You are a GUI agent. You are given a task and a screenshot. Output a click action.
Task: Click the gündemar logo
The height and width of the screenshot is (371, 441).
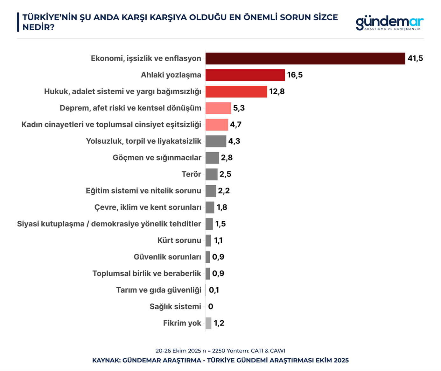click(389, 23)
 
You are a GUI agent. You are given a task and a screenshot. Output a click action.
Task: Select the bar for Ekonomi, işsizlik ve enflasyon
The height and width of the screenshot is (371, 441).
click(305, 59)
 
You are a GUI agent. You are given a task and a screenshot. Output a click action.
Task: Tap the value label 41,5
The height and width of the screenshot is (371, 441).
click(415, 59)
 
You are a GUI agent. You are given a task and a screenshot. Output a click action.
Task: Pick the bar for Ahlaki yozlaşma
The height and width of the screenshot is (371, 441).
click(245, 75)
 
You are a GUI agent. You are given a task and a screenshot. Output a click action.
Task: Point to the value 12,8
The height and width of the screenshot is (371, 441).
click(277, 92)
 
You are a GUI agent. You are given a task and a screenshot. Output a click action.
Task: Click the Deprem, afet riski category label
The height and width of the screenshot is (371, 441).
click(130, 108)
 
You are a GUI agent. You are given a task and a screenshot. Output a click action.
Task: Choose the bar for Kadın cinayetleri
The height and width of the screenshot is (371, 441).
click(217, 125)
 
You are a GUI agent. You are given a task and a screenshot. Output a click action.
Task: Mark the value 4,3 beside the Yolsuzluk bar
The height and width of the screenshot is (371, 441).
click(234, 141)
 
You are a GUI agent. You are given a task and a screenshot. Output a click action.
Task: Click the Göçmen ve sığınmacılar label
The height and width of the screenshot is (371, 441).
click(157, 158)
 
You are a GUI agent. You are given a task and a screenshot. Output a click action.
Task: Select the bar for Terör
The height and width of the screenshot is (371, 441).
click(211, 175)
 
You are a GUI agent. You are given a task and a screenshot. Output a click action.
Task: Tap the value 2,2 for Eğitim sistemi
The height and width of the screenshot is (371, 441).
click(224, 191)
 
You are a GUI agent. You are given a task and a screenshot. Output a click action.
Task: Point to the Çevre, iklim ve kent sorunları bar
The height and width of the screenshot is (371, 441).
click(210, 208)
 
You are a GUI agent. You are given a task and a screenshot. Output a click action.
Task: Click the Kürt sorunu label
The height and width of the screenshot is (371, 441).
click(179, 240)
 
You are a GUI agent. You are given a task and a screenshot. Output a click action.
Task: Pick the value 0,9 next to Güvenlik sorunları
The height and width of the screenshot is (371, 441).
click(218, 257)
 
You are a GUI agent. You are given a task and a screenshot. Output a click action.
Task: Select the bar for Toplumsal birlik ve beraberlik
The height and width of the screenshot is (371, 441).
click(208, 274)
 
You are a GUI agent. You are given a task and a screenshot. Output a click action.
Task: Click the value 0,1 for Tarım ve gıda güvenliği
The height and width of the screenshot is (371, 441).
click(214, 290)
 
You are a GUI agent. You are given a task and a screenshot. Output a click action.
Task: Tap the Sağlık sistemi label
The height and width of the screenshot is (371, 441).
click(175, 307)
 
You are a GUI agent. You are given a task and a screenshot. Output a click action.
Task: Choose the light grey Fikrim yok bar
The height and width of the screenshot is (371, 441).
click(208, 323)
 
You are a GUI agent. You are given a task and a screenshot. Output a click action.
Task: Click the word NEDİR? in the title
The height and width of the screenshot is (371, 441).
click(38, 27)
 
